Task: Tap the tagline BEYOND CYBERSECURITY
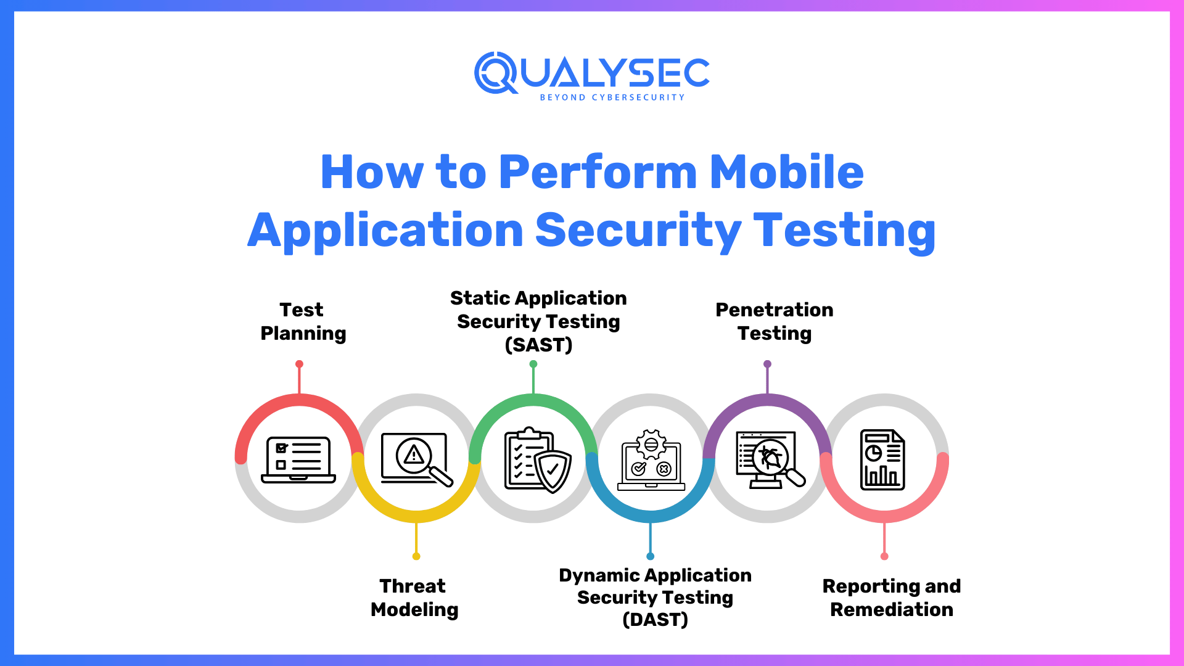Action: (x=612, y=97)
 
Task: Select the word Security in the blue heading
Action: (x=638, y=231)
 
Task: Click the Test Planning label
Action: (x=303, y=321)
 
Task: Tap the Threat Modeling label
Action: (x=414, y=598)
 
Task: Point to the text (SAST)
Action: (x=538, y=345)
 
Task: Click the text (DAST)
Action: (x=655, y=619)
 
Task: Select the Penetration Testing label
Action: (x=775, y=321)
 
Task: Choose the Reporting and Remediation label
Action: (x=892, y=598)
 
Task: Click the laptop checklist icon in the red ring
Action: (x=298, y=459)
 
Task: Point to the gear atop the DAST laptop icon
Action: (x=651, y=444)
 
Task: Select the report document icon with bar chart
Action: (x=882, y=459)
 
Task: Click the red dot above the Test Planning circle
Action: (x=299, y=364)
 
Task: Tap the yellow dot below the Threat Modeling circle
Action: (x=416, y=556)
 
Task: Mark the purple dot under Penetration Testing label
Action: (x=767, y=364)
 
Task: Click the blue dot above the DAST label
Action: (x=650, y=556)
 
